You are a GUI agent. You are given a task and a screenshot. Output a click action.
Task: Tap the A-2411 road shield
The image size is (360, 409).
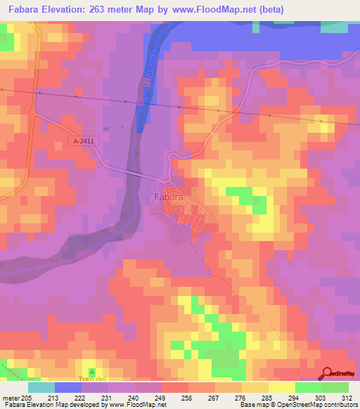point(82,141)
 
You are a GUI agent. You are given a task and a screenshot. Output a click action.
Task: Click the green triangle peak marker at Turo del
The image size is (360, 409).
point(91,371)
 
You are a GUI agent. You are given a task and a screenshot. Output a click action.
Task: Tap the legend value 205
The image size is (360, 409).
point(26,398)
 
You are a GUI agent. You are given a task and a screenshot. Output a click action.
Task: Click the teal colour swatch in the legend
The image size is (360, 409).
point(41,387)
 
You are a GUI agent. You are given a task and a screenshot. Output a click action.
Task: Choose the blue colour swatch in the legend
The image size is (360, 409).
point(68,387)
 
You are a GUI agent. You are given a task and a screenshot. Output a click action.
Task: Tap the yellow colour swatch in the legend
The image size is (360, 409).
point(282,387)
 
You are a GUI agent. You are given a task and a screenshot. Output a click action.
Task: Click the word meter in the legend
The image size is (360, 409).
point(10,398)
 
